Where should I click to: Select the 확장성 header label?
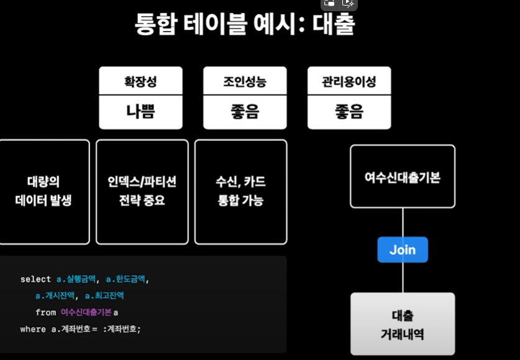pos(140,81)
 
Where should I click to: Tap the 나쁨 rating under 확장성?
pos(140,112)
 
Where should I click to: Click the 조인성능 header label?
pos(245,81)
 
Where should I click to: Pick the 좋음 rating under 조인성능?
pos(245,112)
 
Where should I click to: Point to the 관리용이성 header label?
pos(349,81)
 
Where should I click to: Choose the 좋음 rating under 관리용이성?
pos(349,112)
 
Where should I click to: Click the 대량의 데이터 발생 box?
pos(44,191)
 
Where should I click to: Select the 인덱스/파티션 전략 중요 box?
pos(142,191)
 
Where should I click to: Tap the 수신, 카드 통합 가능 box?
pos(240,191)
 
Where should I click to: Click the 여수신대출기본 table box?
pos(402,176)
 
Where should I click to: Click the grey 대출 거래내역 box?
pos(402,323)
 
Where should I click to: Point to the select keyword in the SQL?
pos(35,279)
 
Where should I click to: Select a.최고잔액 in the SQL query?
pos(104,295)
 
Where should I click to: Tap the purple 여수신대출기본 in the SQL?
pos(86,312)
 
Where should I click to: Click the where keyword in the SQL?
pos(33,329)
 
